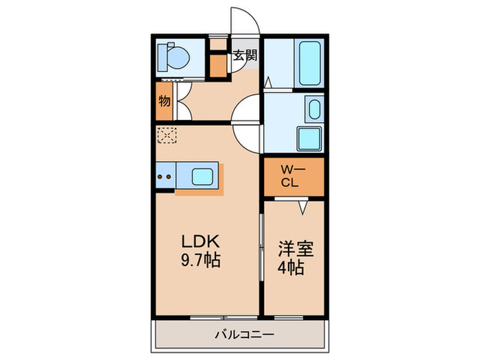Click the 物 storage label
pos(165,101)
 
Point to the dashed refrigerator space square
pos(167,134)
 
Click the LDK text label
pos(200,242)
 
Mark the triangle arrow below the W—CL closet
pos(301,204)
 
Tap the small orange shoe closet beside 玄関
pos(217,65)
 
